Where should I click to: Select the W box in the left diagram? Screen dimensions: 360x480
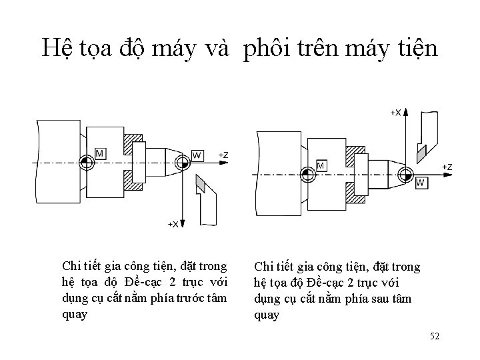pyautogui.click(x=197, y=155)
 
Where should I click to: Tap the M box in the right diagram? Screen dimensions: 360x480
pyautogui.click(x=321, y=165)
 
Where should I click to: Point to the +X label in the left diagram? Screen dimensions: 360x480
pyautogui.click(x=173, y=224)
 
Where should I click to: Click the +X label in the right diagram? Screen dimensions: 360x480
pyautogui.click(x=395, y=113)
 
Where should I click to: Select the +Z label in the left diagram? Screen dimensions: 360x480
pyautogui.click(x=223, y=155)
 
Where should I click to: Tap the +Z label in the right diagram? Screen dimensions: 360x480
pyautogui.click(x=447, y=166)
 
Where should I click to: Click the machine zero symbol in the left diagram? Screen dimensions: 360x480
pyautogui.click(x=85, y=162)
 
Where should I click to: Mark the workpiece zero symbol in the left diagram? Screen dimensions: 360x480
pyautogui.click(x=181, y=162)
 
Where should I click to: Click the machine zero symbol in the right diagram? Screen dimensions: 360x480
pyautogui.click(x=306, y=174)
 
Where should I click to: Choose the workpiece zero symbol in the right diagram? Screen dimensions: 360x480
pyautogui.click(x=404, y=174)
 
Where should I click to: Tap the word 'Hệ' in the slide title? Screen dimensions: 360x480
pyautogui.click(x=55, y=48)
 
